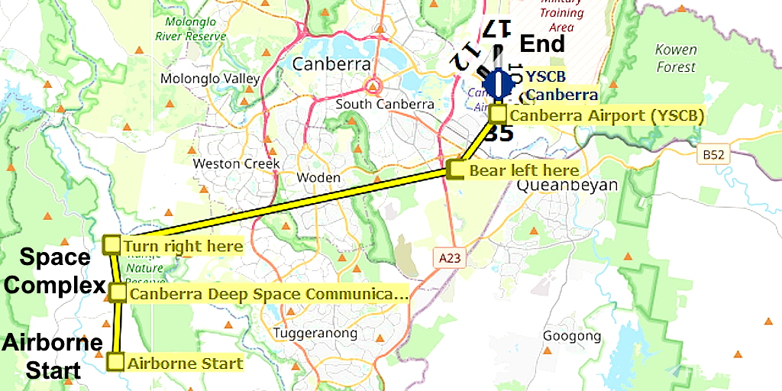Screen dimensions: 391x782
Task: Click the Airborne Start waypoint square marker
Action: tap(115, 362)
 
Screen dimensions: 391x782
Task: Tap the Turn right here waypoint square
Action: tap(111, 245)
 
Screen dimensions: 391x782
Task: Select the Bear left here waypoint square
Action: tap(455, 170)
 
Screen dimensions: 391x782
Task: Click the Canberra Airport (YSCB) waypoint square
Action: tap(497, 115)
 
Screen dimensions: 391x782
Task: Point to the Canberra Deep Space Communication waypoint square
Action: tap(118, 292)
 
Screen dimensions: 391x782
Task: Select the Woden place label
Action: tap(318, 177)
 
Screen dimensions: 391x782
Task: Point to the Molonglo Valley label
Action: tap(210, 79)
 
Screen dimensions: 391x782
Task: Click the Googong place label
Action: tap(572, 336)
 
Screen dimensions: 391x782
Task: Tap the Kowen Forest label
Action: tap(676, 58)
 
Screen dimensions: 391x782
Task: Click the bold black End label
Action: tap(542, 44)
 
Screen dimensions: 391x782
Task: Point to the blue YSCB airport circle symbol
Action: tap(498, 83)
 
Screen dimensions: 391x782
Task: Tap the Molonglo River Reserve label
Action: tap(190, 29)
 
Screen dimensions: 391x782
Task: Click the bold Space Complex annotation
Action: tap(52, 271)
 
